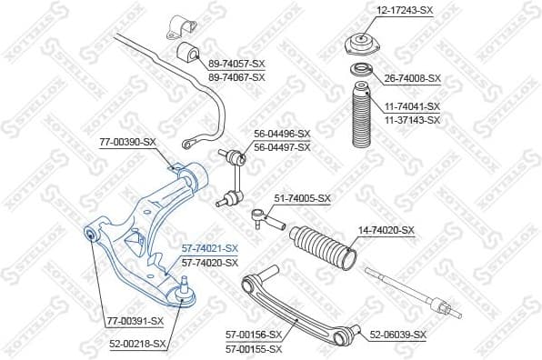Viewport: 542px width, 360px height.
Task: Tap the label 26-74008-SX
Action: coord(409,78)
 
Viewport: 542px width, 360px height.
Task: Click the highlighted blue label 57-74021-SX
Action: coord(209,248)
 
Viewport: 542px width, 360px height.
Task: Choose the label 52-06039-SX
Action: coord(397,335)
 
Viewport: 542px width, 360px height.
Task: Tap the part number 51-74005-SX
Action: coord(303,197)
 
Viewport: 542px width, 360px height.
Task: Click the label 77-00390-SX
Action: coord(128,144)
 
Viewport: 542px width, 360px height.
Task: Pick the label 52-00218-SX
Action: coord(138,344)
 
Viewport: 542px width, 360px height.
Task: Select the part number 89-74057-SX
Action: coord(236,65)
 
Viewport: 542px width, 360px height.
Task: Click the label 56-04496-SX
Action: coord(282,134)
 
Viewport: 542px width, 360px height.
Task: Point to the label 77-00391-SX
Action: coord(135,320)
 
